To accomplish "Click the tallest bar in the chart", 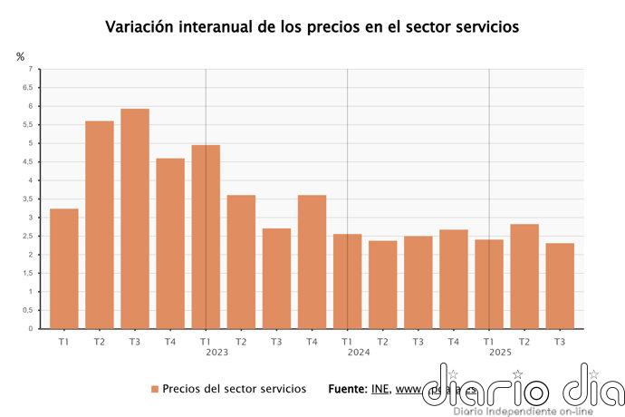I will click(135, 218).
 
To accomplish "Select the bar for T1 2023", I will click(206, 237).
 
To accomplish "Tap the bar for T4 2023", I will click(312, 262).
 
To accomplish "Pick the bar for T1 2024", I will click(347, 281).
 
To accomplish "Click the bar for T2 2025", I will click(524, 276).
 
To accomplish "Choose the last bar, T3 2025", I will click(560, 286).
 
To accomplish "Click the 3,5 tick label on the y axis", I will click(28, 199).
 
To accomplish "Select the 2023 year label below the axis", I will click(216, 352).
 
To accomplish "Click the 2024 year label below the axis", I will click(359, 352).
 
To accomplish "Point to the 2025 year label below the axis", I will click(500, 352).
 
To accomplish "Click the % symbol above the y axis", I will click(21, 56).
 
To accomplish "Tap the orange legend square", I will click(155, 389).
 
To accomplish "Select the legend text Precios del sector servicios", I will click(227, 389).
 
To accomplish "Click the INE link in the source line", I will click(380, 389).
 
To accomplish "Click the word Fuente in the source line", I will click(348, 389).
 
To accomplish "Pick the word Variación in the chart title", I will click(141, 26).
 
